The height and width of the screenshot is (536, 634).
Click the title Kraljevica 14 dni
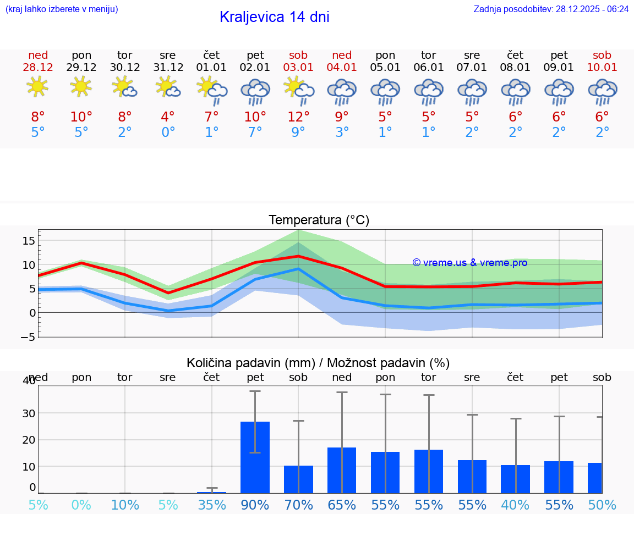(274, 17)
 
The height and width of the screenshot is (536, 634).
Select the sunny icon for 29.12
(81, 87)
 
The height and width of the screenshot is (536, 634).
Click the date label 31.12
(168, 68)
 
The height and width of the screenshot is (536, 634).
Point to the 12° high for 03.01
(298, 117)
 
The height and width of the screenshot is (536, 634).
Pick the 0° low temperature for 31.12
(168, 132)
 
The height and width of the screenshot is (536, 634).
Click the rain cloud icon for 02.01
(255, 91)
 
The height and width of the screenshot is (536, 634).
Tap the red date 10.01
(602, 68)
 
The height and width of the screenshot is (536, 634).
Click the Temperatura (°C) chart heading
(319, 220)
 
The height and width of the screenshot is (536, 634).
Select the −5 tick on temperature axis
(29, 337)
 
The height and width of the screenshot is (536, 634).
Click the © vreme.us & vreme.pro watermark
(469, 263)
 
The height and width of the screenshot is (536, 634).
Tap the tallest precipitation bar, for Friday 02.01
(255, 457)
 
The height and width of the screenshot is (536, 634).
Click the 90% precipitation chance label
(255, 505)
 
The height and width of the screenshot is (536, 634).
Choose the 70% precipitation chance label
(298, 505)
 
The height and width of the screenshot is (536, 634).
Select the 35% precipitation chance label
(211, 505)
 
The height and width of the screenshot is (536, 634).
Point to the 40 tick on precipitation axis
(29, 381)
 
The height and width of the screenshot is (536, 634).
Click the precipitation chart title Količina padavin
(318, 363)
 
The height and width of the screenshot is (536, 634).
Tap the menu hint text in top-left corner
(61, 9)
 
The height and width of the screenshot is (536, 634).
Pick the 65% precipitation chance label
(342, 505)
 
